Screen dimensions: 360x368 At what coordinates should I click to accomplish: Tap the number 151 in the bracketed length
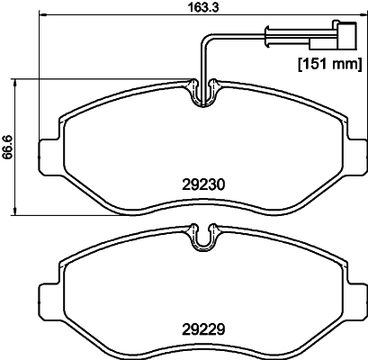pos(314,65)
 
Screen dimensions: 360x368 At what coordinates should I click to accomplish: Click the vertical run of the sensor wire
pos(203,58)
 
